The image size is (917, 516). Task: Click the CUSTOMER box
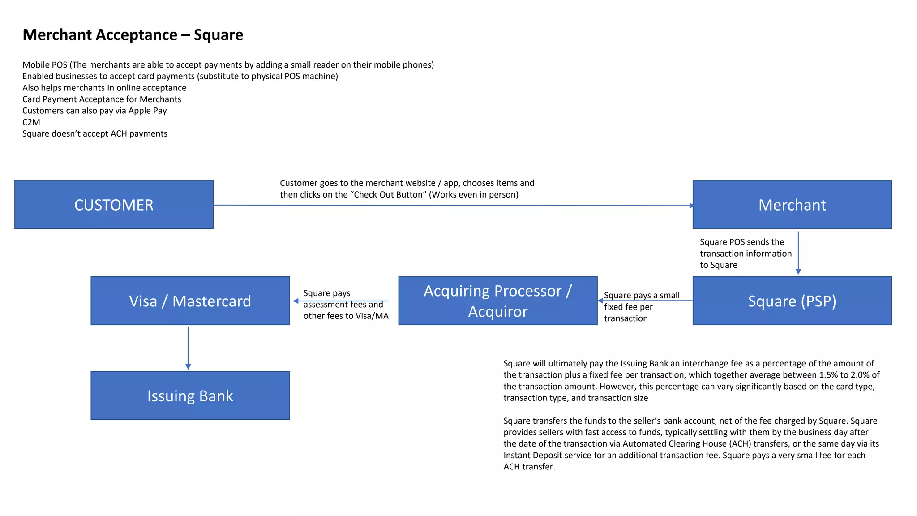(114, 205)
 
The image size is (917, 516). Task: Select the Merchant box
(792, 205)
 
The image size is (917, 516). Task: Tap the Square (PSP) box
(792, 301)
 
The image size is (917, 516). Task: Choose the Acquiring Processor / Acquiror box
(497, 301)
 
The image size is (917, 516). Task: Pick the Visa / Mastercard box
(190, 301)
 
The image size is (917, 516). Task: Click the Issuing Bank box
(190, 396)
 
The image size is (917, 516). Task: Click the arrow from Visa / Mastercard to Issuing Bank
(188, 348)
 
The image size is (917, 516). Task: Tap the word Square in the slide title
(218, 35)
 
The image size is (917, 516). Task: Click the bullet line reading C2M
(31, 122)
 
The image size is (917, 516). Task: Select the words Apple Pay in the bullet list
(147, 111)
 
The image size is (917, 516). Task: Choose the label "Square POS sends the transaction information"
(745, 254)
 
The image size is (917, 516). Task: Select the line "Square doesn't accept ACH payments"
(95, 134)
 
